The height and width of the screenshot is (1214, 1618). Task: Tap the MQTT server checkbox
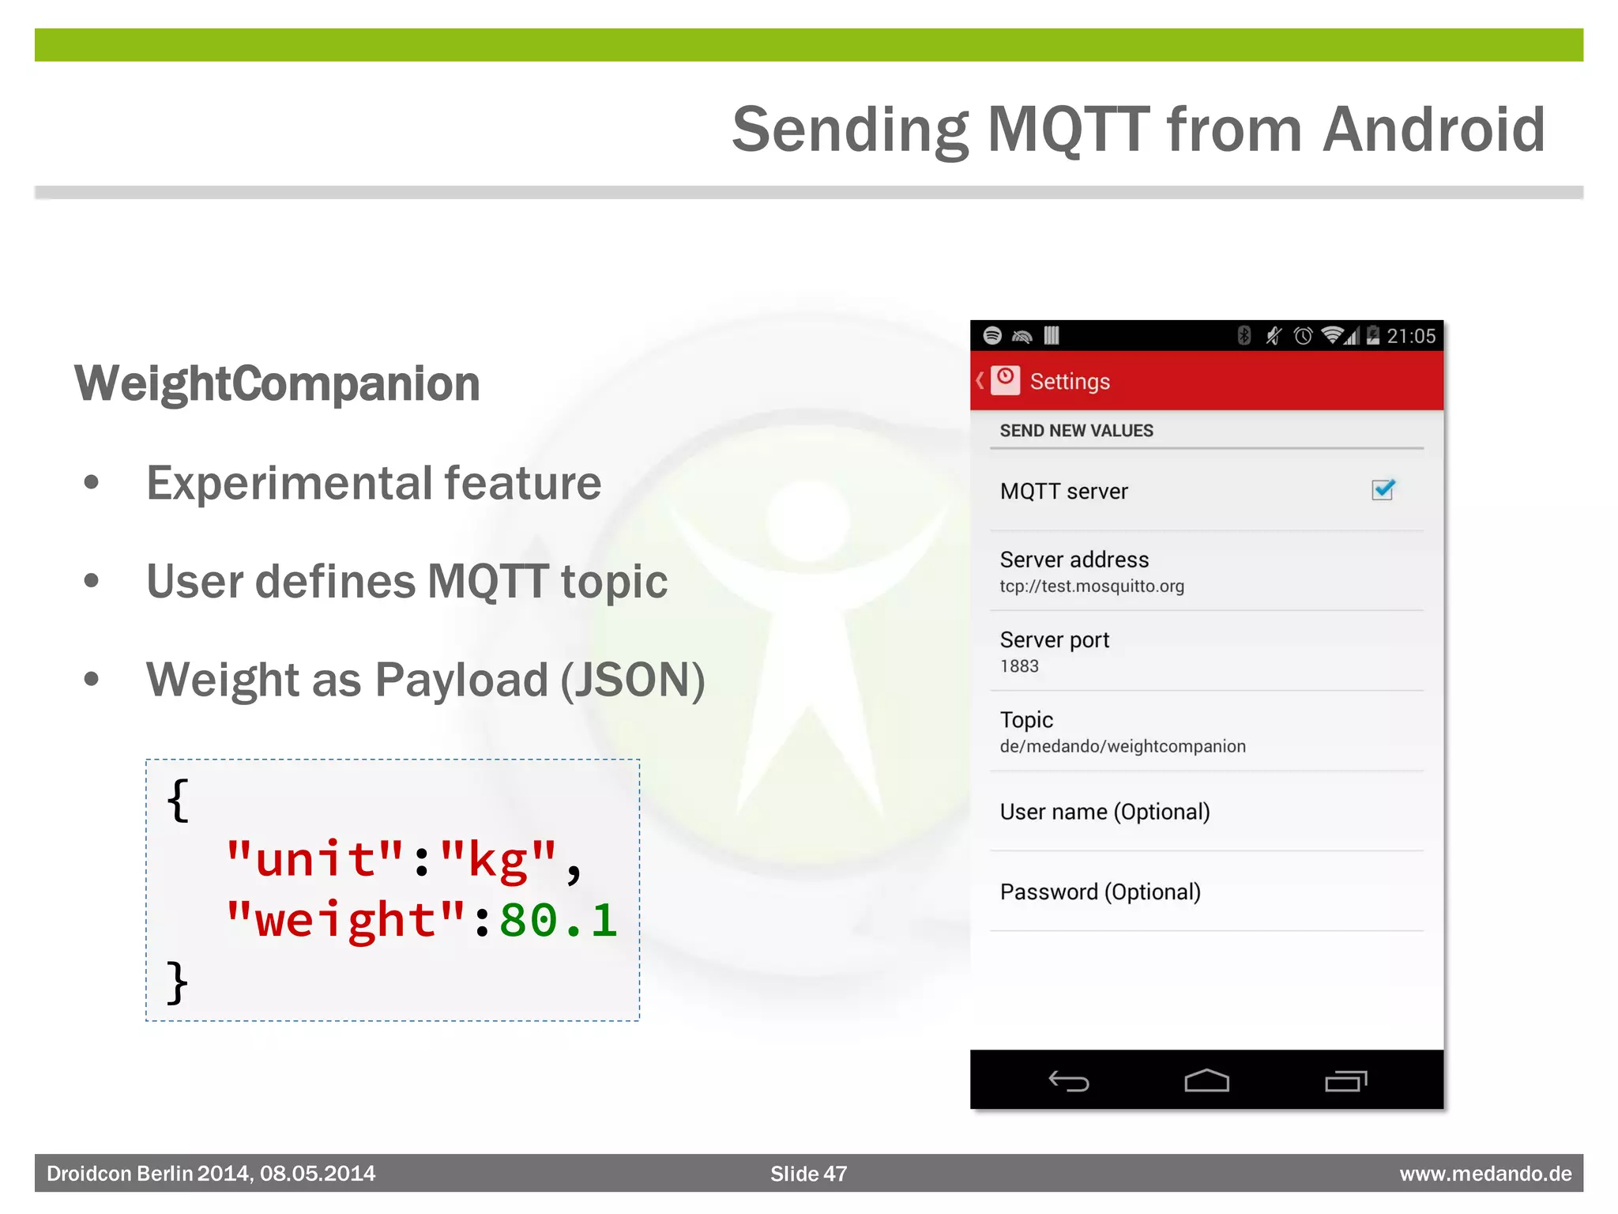tap(1383, 490)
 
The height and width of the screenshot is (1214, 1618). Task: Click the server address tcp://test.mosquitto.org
tap(1092, 586)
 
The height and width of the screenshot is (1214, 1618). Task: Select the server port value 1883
tap(1019, 666)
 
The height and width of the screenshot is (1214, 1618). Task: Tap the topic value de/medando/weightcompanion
tap(1123, 746)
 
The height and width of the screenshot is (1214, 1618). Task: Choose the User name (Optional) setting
tap(1104, 812)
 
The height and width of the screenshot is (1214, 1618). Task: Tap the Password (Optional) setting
tap(1100, 892)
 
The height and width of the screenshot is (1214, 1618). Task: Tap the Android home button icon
tap(1206, 1080)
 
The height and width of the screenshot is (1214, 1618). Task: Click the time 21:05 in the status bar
tap(1411, 337)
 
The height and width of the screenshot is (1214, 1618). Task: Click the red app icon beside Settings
tap(1005, 380)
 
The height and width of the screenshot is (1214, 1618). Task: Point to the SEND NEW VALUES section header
tap(1076, 431)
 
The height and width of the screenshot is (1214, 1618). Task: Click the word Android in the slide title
tap(1434, 130)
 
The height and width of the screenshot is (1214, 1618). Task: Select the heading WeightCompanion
tap(277, 384)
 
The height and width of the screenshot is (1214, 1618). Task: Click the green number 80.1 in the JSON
tap(558, 921)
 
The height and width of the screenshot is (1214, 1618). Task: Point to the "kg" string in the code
tap(499, 860)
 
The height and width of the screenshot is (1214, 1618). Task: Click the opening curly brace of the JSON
tap(178, 800)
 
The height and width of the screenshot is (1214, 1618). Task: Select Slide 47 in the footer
tap(808, 1174)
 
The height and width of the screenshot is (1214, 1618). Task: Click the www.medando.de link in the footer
tap(1485, 1174)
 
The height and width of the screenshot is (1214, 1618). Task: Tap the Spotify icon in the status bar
tap(992, 336)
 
